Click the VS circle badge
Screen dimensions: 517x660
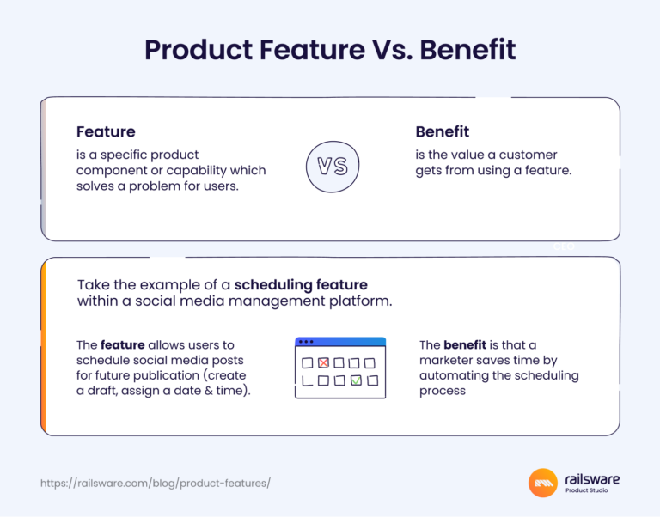tap(333, 167)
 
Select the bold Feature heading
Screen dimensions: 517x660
tap(106, 132)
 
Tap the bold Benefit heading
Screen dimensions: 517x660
tap(442, 132)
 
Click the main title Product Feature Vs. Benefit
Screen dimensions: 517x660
tap(330, 50)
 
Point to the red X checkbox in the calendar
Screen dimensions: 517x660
tap(323, 363)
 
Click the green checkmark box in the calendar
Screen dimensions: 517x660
tap(356, 380)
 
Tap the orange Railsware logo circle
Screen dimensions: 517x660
tap(542, 483)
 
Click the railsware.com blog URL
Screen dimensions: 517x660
tap(156, 484)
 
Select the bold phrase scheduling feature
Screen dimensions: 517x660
tap(301, 285)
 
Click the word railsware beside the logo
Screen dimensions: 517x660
tap(592, 479)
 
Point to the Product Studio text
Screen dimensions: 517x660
tap(591, 492)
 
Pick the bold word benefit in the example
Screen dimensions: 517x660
tap(465, 345)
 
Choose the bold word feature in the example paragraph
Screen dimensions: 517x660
tap(122, 345)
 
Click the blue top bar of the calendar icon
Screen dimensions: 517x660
tap(340, 342)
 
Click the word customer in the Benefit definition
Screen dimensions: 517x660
tap(528, 155)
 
